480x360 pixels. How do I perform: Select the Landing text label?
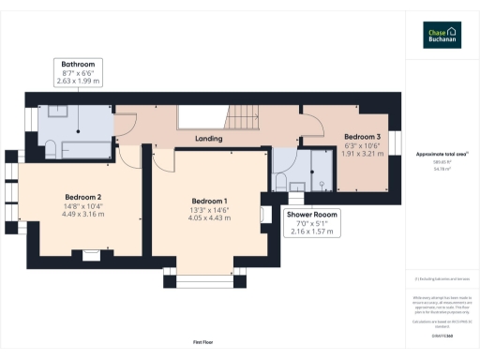point(208,139)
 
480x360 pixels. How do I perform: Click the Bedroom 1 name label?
point(209,201)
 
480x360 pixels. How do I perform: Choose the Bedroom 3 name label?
point(362,137)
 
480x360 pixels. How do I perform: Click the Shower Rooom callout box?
point(311,222)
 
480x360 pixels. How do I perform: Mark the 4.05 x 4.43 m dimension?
point(209,218)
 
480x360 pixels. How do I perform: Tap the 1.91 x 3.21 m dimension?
point(362,154)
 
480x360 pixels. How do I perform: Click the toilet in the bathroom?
point(52,147)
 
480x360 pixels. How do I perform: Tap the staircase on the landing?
point(247,116)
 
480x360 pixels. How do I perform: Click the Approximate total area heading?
point(442,154)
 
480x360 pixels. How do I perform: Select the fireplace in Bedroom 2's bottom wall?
point(91,252)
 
